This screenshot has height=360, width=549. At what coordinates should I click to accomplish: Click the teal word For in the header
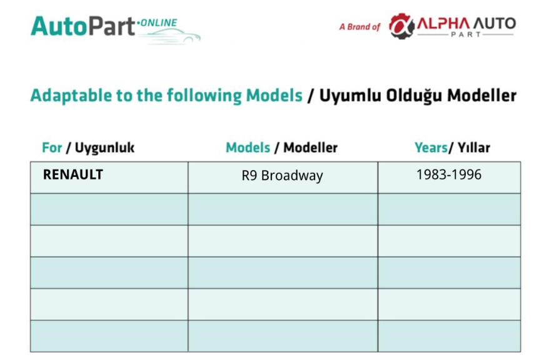[x=52, y=147]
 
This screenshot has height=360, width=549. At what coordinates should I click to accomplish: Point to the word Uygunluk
[x=104, y=148]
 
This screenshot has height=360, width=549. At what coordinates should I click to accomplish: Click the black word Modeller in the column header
[x=311, y=147]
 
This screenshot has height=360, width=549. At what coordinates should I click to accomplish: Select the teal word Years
[x=431, y=147]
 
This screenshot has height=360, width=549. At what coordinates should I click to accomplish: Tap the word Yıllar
[x=474, y=147]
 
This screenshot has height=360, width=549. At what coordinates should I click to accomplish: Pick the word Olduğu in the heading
[x=414, y=96]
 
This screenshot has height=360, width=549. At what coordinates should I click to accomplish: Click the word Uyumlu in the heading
[x=350, y=96]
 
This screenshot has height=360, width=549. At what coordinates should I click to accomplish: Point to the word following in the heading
[x=204, y=96]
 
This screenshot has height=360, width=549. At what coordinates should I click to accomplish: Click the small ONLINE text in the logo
[x=159, y=22]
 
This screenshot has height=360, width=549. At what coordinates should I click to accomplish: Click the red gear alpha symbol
[x=402, y=26]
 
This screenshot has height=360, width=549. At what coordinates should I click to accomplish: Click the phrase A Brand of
[x=360, y=27]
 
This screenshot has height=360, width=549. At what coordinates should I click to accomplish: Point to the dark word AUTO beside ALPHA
[x=495, y=24]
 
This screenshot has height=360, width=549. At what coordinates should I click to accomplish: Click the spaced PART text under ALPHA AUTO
[x=466, y=34]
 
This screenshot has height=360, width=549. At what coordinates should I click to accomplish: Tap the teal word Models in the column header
[x=248, y=147]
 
